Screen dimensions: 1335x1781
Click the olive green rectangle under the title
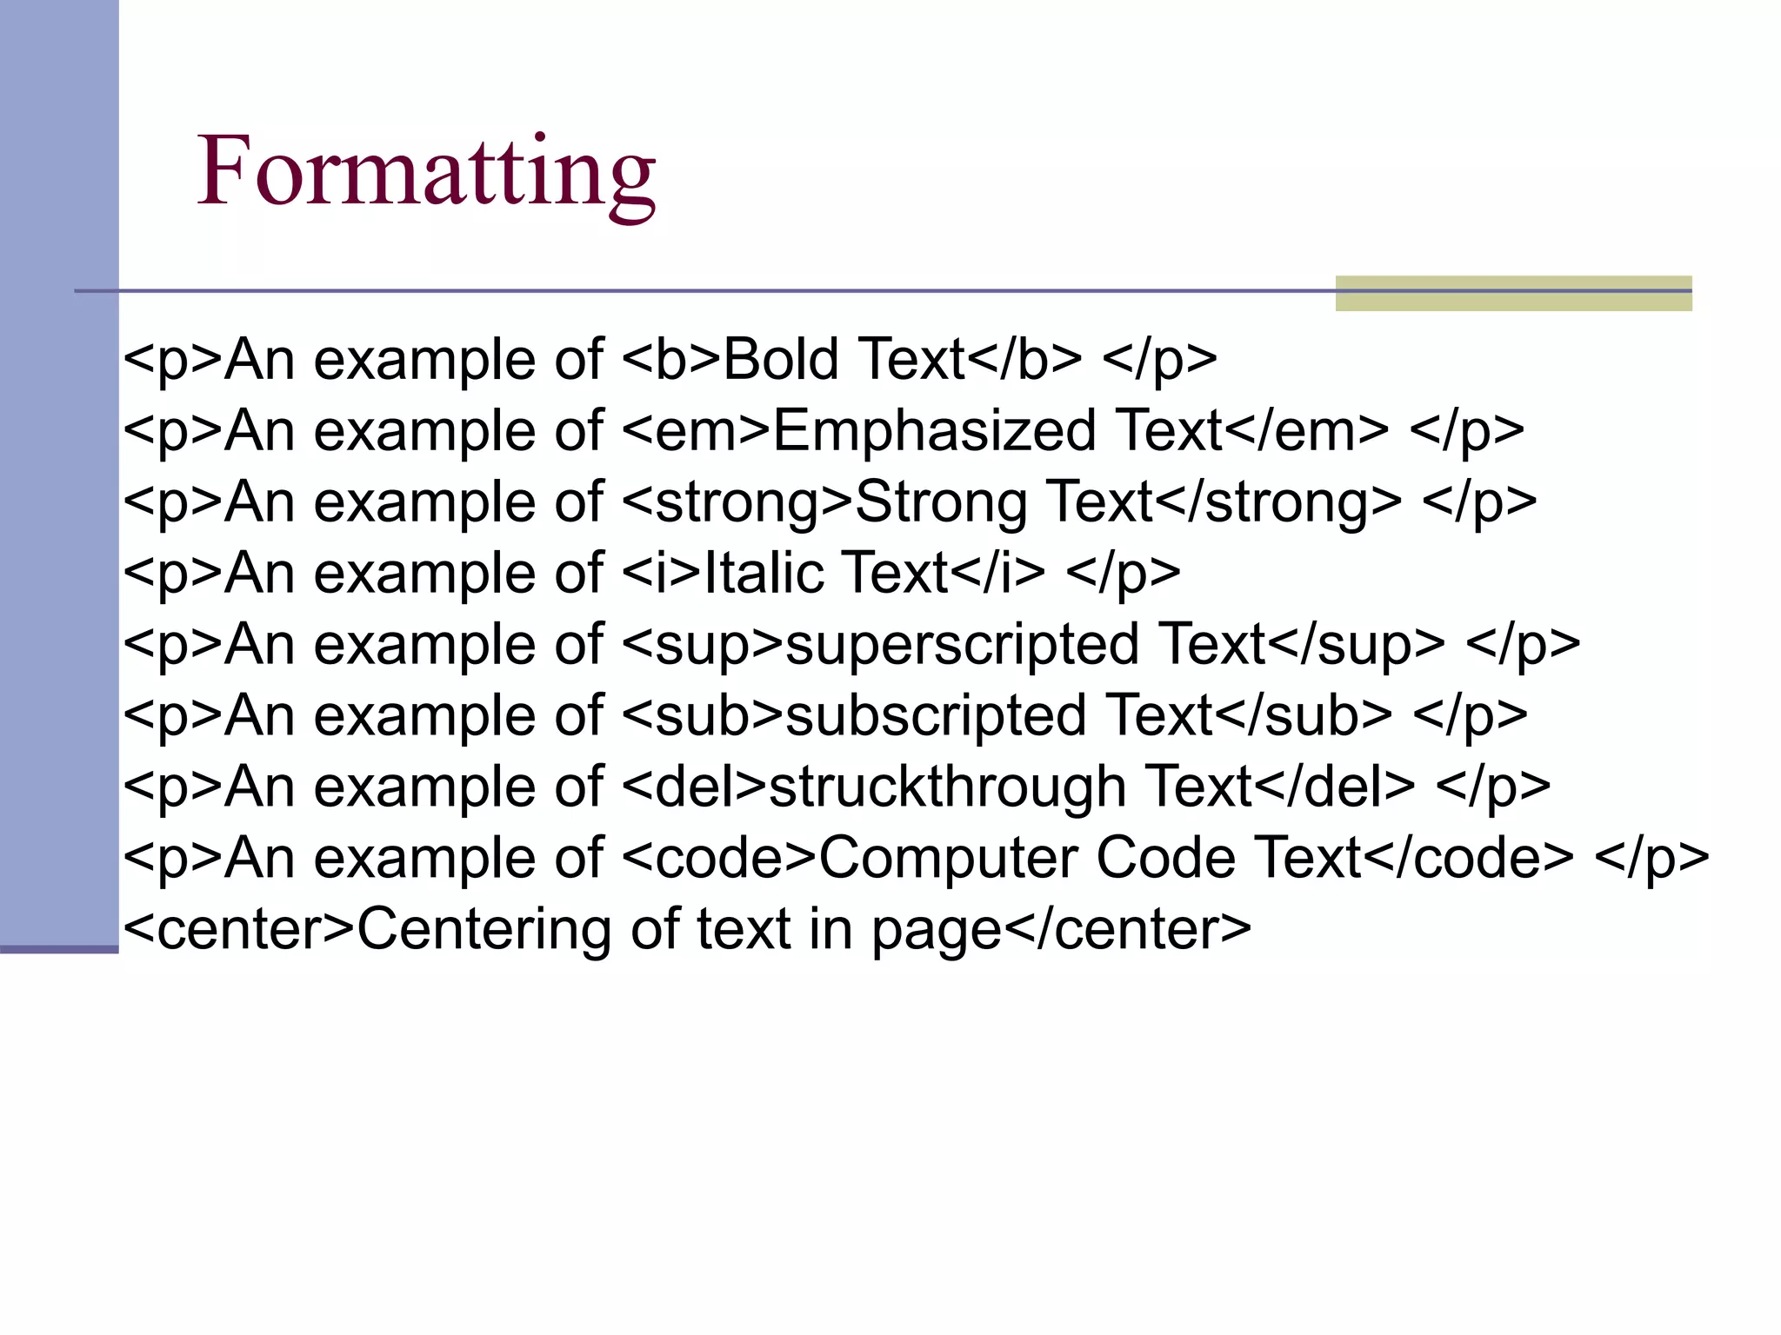click(x=1513, y=294)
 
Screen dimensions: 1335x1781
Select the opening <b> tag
click(x=672, y=360)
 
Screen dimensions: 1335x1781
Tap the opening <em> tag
click(x=697, y=431)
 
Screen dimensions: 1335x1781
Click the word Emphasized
click(x=934, y=431)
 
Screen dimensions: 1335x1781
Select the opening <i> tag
click(x=662, y=574)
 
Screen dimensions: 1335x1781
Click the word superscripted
click(x=962, y=645)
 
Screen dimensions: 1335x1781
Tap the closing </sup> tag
click(x=1356, y=645)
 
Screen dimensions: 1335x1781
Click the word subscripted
click(x=936, y=716)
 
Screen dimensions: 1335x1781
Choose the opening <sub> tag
click(x=704, y=716)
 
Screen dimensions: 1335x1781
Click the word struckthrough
click(x=948, y=787)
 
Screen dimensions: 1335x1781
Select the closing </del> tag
click(x=1334, y=787)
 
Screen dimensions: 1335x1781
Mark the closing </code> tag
click(x=1468, y=859)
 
